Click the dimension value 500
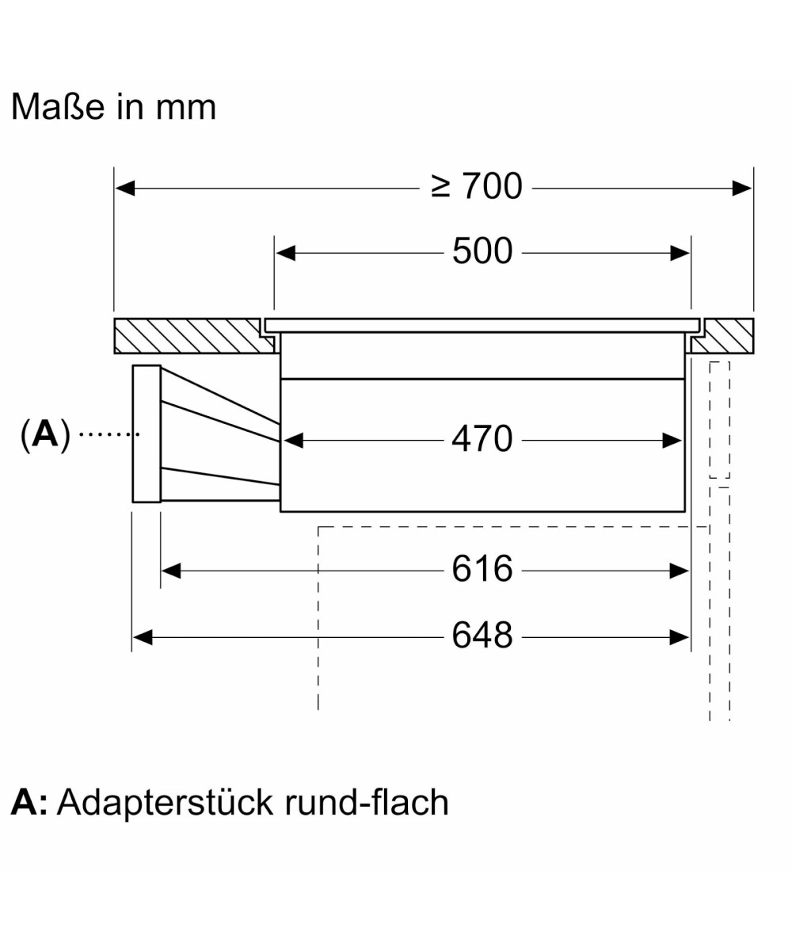click(x=482, y=252)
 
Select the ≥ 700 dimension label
click(x=477, y=187)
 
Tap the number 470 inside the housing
click(x=482, y=439)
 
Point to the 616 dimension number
click(x=482, y=569)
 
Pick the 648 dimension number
click(x=482, y=636)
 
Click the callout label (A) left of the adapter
click(x=45, y=434)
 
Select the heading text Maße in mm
click(x=113, y=107)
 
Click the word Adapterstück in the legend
click(x=159, y=802)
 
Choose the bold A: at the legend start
click(x=29, y=802)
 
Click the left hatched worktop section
click(x=190, y=336)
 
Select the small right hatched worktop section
click(x=725, y=336)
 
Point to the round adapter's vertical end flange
click(x=147, y=433)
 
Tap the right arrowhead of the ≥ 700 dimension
click(x=742, y=188)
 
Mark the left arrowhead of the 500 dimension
click(x=285, y=253)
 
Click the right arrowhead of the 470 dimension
click(x=672, y=440)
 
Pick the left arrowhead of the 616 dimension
click(x=171, y=570)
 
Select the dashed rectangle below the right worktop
click(x=719, y=420)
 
